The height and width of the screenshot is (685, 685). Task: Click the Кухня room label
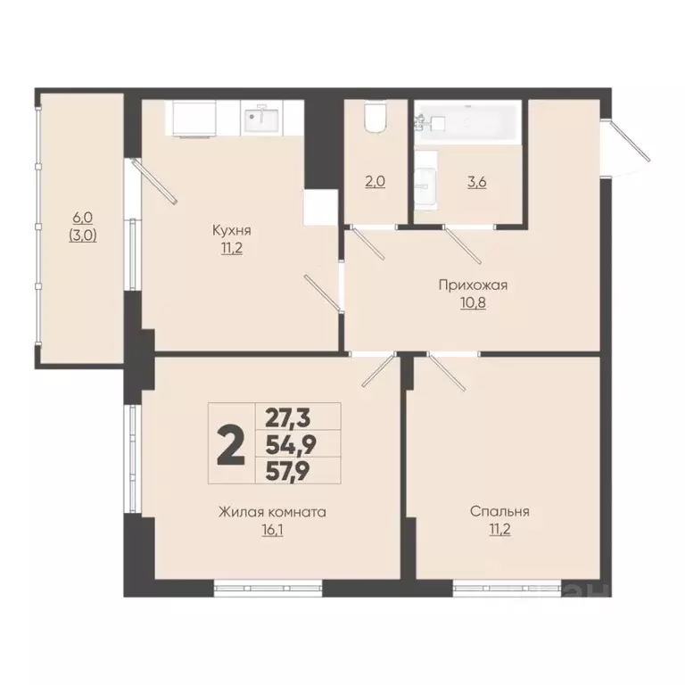[232, 230]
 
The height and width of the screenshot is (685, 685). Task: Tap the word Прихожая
[473, 285]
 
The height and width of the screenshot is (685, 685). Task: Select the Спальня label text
[499, 511]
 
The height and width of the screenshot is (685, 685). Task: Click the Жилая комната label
[272, 512]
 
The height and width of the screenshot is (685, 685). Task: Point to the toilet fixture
[376, 116]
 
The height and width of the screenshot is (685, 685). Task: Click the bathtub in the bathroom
[468, 122]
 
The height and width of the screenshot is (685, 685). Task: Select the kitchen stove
[194, 119]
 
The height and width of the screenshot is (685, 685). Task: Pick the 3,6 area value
[477, 182]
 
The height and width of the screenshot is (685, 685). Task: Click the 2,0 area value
[376, 181]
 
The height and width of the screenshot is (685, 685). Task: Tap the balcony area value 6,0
[83, 217]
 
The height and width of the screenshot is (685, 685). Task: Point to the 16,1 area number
[272, 530]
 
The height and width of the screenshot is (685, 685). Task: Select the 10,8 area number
[473, 302]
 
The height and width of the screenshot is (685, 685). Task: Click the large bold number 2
[231, 445]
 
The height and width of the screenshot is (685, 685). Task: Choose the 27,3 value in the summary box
[288, 418]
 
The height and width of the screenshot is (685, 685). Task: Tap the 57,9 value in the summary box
[288, 471]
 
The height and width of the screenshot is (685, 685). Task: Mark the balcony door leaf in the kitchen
[154, 181]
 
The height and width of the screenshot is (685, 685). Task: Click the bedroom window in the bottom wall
[507, 588]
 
